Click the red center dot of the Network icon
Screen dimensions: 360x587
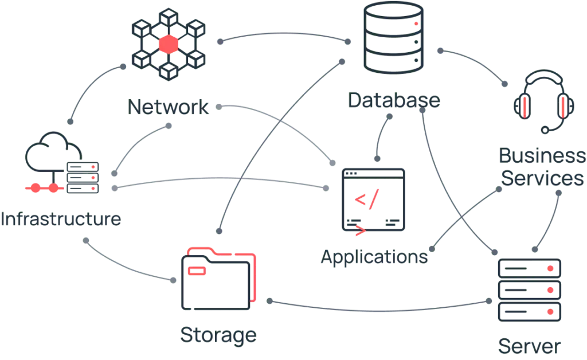tap(169, 44)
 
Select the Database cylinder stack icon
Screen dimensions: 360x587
tap(393, 39)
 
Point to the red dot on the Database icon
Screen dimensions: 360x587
tap(416, 24)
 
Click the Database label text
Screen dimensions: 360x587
tap(394, 102)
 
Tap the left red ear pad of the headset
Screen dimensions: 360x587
tap(523, 106)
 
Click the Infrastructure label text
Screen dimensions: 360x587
tap(60, 220)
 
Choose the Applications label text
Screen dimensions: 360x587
tap(373, 257)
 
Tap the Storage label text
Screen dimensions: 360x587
tap(217, 335)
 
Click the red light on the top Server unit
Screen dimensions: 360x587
tap(550, 268)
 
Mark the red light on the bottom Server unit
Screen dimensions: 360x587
tap(550, 311)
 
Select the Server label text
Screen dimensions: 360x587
tap(529, 347)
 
